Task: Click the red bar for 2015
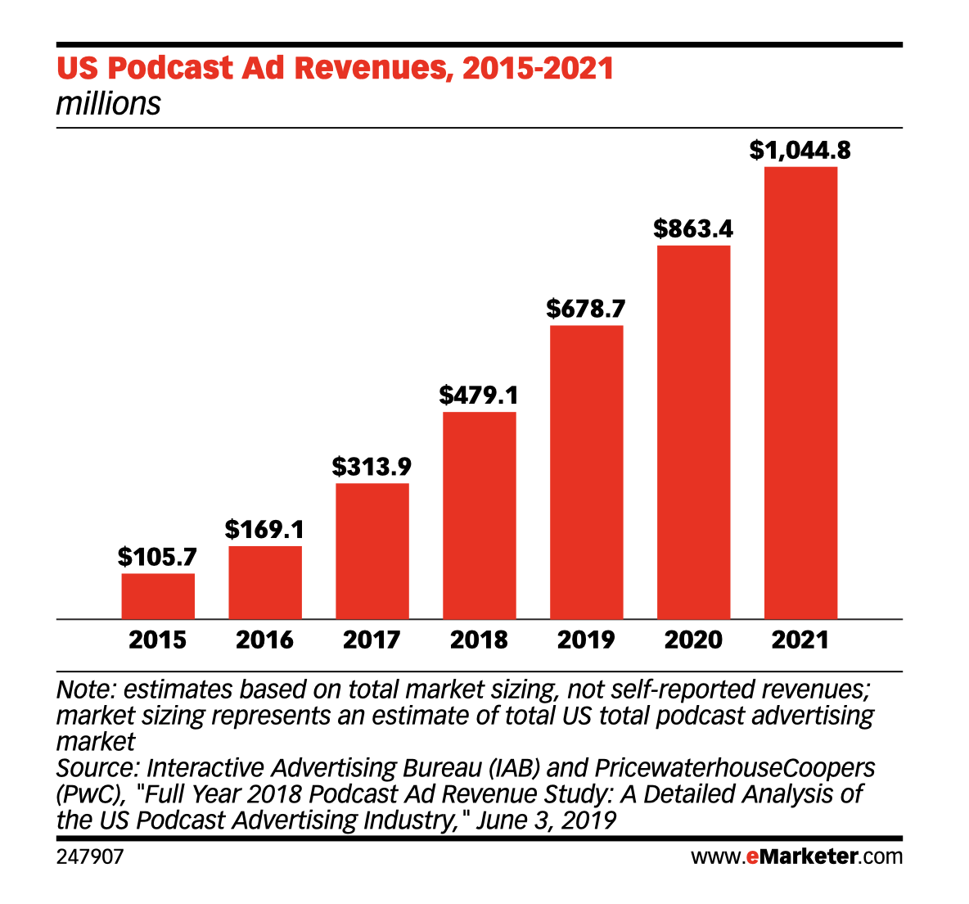158,596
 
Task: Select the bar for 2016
265,582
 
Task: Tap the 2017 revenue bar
372,551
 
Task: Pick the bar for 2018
480,515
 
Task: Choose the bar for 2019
586,472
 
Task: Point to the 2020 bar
693,432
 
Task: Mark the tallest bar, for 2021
800,393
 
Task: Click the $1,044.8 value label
800,151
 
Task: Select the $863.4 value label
693,228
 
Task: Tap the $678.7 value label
586,309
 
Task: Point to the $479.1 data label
480,395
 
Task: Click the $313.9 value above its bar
372,467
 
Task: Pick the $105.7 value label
158,557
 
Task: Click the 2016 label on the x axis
265,640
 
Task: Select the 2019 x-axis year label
586,640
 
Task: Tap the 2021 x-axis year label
800,640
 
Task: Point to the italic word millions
109,104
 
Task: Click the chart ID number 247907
90,857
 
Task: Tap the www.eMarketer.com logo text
796,857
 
